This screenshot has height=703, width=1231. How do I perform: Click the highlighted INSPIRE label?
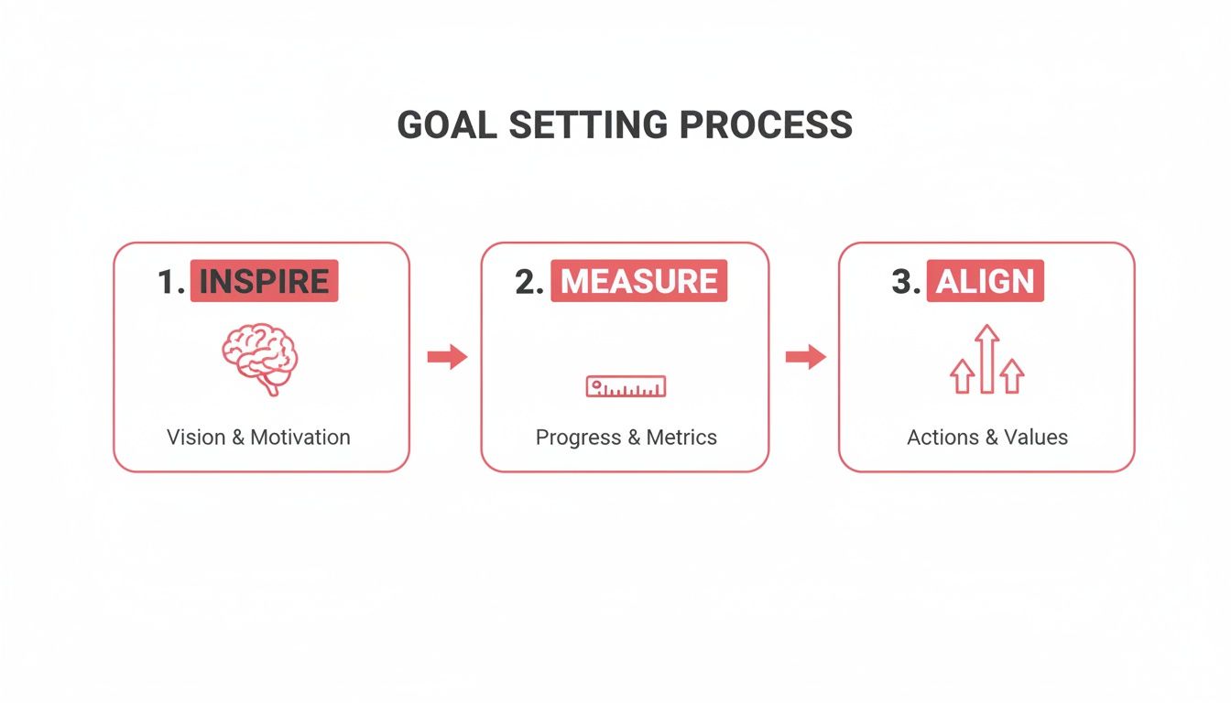point(264,281)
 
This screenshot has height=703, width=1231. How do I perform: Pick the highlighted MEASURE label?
point(638,281)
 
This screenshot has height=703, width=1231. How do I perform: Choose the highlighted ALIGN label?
point(985,281)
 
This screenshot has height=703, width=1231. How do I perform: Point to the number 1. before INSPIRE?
point(171,282)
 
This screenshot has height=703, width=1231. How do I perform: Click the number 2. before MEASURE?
point(529,282)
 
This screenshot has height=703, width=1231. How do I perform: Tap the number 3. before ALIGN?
point(906,282)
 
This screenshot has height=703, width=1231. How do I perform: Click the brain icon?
point(260,357)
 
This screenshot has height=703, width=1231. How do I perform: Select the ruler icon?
point(626,386)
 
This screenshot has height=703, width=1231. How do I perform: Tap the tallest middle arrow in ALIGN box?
point(986,359)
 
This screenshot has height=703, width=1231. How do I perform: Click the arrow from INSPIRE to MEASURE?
point(447,357)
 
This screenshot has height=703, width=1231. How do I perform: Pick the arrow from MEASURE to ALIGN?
point(805,357)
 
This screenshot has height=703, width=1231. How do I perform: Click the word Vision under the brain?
point(195,437)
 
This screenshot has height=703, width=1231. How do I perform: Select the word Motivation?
point(300,437)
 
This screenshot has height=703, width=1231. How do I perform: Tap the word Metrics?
point(681,437)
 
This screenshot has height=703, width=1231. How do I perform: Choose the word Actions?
point(942,437)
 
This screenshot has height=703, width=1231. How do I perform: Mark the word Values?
point(1036,437)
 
